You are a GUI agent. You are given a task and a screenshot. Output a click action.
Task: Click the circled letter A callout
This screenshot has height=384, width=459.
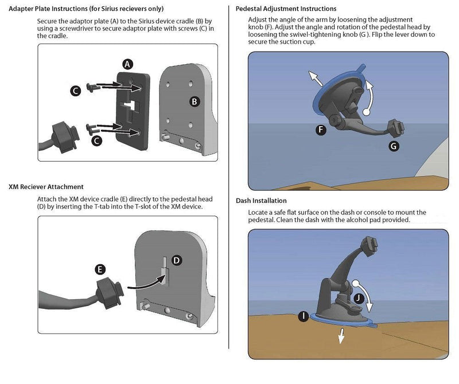tap(127, 64)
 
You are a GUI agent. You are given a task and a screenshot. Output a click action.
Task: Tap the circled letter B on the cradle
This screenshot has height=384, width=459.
tap(195, 102)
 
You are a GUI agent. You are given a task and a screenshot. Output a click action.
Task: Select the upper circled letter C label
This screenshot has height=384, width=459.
tap(76, 91)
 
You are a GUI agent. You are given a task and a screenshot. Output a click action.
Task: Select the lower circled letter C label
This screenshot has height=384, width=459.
tap(96, 140)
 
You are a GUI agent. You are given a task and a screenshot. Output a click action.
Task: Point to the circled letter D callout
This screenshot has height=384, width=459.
tap(177, 260)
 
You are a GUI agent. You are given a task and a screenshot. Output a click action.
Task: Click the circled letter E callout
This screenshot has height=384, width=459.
tap(100, 269)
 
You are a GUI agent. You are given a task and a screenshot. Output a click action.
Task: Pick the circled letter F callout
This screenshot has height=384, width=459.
tap(321, 130)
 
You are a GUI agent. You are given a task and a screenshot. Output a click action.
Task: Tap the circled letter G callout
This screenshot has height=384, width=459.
tap(394, 146)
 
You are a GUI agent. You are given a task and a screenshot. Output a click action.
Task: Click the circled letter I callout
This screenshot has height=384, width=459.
tap(304, 316)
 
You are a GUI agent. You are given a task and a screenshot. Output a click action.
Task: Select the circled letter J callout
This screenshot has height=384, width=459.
tap(359, 299)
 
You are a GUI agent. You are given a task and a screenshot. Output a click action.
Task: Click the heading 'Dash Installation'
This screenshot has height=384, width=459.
tap(261, 201)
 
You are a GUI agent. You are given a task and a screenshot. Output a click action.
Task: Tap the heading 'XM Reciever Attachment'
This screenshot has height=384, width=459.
tap(46, 187)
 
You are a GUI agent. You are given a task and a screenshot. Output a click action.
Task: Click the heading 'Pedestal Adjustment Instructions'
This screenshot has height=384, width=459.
tap(286, 9)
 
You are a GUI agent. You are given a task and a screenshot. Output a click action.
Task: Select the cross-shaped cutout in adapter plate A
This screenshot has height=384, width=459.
tap(130, 105)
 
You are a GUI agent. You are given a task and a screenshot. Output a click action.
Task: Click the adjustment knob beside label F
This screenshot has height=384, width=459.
tap(334, 120)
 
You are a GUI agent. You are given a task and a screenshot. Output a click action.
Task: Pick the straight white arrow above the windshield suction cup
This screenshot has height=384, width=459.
tap(315, 78)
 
